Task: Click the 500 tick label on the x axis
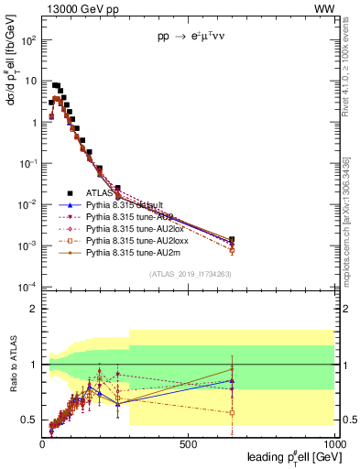[x=188, y=442]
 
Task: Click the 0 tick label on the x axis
[x=43, y=442]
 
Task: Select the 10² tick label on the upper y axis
[x=27, y=40]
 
